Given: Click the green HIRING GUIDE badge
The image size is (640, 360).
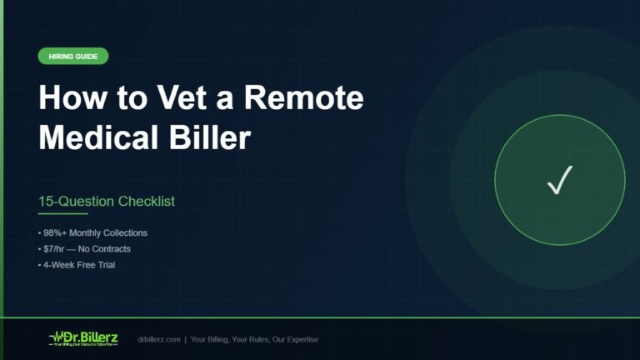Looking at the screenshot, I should [x=73, y=57].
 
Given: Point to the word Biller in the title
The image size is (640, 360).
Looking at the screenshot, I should [x=212, y=137].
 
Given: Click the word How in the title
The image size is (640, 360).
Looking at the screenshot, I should [x=66, y=98].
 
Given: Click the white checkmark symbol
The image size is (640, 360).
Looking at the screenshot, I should [x=559, y=181].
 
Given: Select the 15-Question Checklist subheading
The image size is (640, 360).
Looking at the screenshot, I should [x=107, y=202].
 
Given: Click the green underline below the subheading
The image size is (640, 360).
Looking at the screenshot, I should [x=62, y=213].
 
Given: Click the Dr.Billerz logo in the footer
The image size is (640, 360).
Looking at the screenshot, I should [x=85, y=338].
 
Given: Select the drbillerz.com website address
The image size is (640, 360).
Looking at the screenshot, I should [x=160, y=340].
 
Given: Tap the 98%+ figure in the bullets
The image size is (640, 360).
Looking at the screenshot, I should [x=52, y=232].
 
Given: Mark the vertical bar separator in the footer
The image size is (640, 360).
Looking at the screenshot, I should [x=186, y=340].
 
